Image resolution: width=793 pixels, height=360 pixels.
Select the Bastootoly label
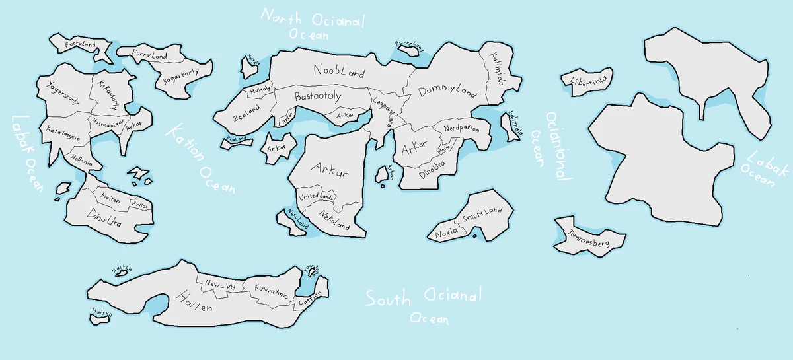[318, 96]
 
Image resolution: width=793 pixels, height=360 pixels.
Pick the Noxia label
[447, 234]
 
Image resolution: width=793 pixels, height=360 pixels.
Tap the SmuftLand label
[482, 215]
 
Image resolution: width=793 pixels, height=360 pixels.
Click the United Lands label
[317, 197]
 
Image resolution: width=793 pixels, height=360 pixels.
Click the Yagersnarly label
[63, 92]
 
